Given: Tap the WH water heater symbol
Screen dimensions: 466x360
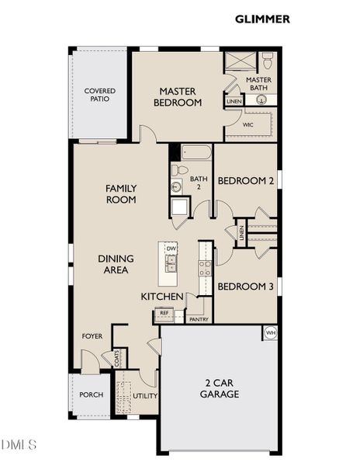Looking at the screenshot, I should pos(270,332).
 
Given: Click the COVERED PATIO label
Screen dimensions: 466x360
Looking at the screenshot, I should pos(99,95).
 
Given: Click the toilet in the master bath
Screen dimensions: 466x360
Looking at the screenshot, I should pos(268,59).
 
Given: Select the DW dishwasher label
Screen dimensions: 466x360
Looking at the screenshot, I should pos(171,249).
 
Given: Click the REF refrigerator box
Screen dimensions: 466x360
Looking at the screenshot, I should pos(164,314).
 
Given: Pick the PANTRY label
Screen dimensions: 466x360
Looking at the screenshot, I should pos(199,318).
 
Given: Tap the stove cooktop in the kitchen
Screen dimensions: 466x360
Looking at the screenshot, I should pos(206,268).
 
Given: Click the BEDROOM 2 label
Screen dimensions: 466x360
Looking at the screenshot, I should pos(245,181).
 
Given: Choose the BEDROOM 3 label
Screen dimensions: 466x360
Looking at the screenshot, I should pos(245,287).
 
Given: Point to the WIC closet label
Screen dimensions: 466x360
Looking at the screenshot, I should pos(248,123).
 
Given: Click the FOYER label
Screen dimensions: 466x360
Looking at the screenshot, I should pos(92,336).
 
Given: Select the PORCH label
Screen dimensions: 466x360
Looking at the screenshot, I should pos(92,395).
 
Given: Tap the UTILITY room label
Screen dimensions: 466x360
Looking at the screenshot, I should pos(145,395).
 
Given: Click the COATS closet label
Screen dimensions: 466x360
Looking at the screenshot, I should pos(116,359).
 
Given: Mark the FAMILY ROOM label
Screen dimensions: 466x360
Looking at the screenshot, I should pos(121,193).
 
